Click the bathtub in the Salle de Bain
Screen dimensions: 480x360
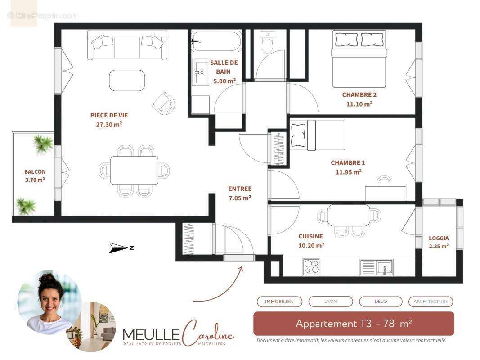[x=216, y=41]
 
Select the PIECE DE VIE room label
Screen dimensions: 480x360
[x=109, y=115]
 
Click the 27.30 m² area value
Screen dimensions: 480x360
[x=109, y=124]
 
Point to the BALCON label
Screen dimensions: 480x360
[x=35, y=172]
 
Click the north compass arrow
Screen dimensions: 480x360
[x=119, y=247]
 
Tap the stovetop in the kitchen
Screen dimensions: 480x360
[x=312, y=266]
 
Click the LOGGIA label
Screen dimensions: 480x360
[x=439, y=238]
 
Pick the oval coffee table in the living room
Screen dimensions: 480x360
[x=127, y=80]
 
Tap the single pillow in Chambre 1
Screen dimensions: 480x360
[x=298, y=135]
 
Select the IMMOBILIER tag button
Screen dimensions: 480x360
[x=279, y=301]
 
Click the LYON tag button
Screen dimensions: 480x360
[x=331, y=301]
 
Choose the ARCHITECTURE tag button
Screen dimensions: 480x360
[x=431, y=301]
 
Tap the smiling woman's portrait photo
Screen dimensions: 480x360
[x=49, y=302]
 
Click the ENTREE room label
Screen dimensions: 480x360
[x=240, y=189]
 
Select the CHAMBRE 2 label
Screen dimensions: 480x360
[x=359, y=95]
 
